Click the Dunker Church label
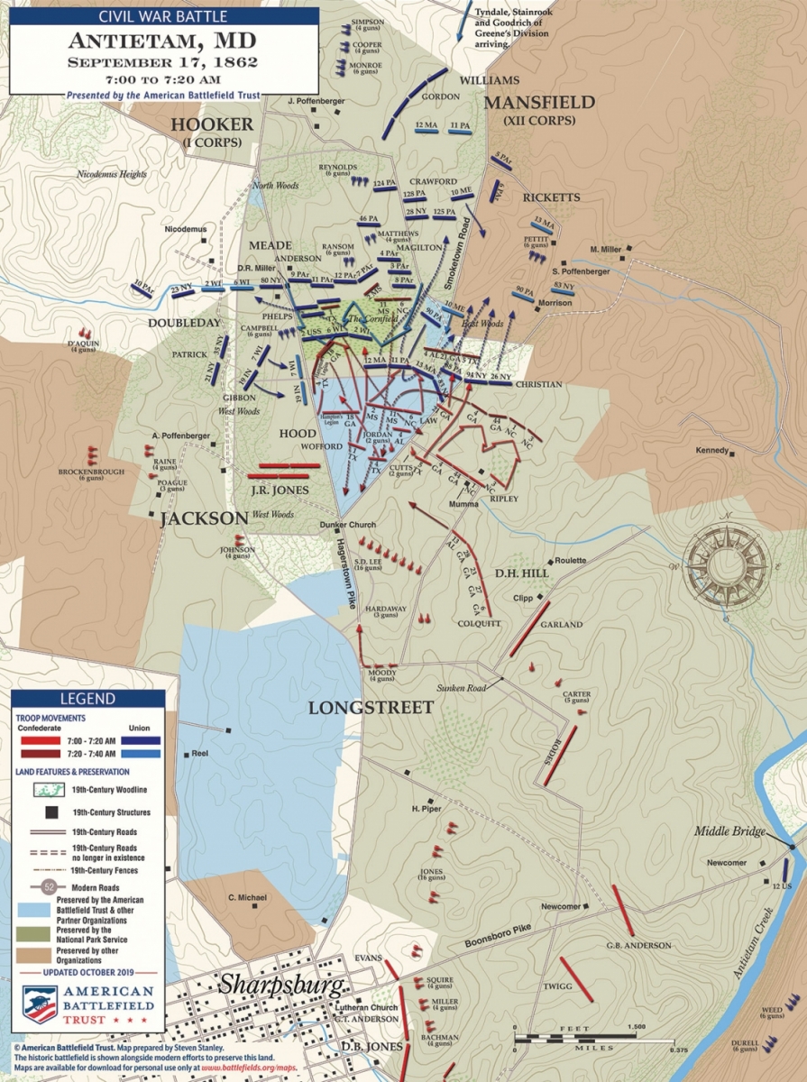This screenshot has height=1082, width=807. click(x=349, y=525)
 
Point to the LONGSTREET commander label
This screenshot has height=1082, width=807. click(x=371, y=708)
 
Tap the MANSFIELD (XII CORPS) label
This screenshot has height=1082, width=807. click(x=539, y=108)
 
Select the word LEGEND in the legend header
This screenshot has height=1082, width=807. click(x=87, y=699)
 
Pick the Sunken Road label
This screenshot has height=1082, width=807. click(x=461, y=688)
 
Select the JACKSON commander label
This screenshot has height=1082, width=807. click(x=205, y=518)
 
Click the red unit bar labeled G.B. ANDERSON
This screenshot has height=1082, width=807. click(x=623, y=911)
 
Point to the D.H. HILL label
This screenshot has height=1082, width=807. click(x=518, y=573)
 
